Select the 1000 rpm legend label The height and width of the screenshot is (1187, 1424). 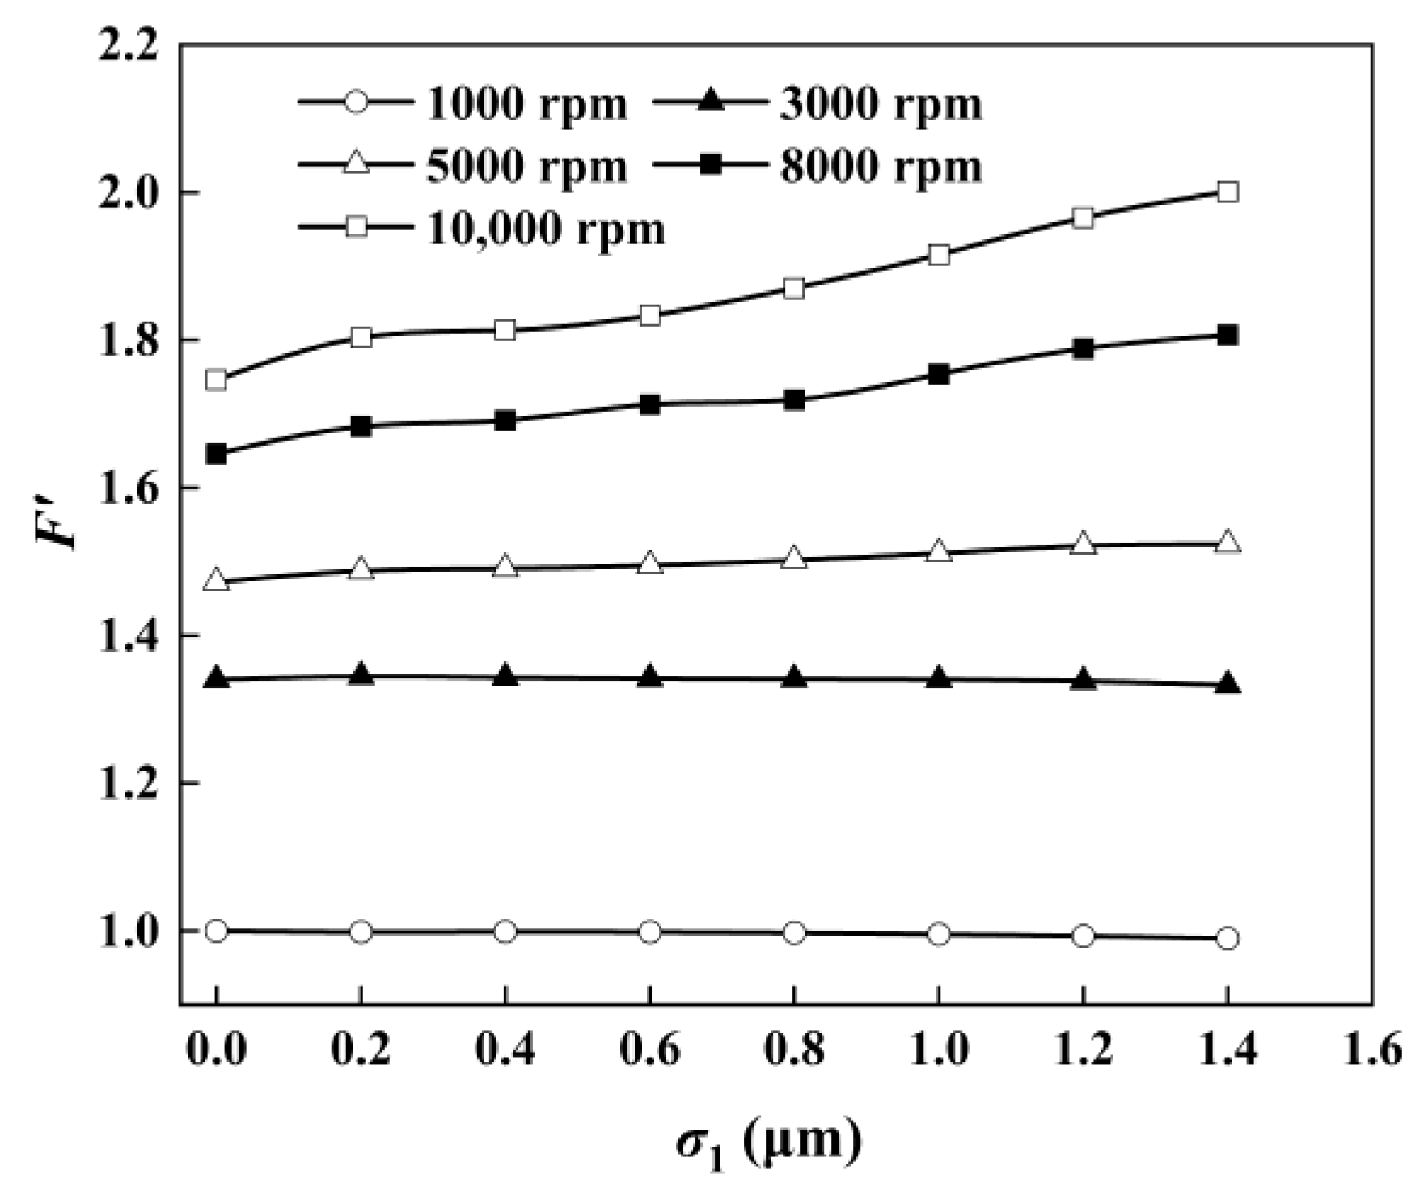click(526, 104)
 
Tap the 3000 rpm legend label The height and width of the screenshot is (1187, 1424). click(881, 104)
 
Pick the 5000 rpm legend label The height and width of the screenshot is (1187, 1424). click(526, 167)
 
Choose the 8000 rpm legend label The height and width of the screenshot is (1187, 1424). click(881, 167)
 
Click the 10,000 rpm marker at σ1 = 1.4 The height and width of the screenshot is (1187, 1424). click(1228, 192)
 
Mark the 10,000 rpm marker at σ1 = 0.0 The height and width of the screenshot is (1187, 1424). click(216, 379)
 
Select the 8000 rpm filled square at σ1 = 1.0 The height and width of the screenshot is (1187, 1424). click(939, 374)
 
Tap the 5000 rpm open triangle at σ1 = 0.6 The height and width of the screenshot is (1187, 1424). click(650, 563)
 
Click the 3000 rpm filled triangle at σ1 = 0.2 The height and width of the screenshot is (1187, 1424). click(361, 675)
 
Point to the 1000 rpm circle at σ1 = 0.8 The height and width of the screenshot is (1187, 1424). click(794, 932)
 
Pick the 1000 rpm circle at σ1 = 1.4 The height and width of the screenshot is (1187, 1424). click(1228, 938)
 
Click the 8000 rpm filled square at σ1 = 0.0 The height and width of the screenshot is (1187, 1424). click(216, 454)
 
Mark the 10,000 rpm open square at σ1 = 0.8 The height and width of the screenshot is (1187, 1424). click(794, 288)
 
